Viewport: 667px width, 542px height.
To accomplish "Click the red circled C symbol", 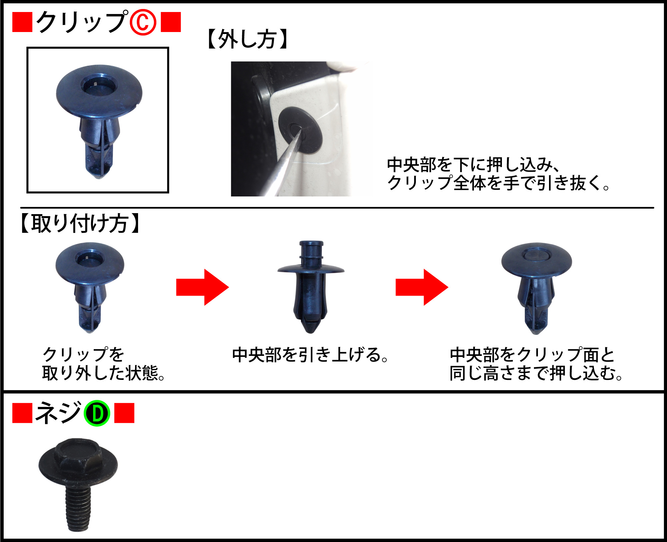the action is coord(143,22).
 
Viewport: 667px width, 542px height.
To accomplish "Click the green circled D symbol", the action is coord(97,413).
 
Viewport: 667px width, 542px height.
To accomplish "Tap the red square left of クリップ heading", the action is coord(22,22).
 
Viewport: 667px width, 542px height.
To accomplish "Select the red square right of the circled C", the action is coord(171,22).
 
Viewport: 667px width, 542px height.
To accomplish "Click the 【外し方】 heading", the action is coord(247,39).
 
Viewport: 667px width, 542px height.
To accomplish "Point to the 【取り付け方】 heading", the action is coord(80,223).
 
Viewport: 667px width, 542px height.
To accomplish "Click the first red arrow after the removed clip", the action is coord(202,287).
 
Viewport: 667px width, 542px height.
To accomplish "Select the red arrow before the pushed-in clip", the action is coord(422,287).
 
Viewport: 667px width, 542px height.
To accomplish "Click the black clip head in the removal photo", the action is coord(300,130).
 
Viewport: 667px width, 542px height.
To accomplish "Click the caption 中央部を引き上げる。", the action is coord(310,355).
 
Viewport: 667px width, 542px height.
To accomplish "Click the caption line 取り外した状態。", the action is coord(103,373).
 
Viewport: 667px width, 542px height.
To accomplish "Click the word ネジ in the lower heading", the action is coord(58,413).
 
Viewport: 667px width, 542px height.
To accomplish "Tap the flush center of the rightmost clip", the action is coord(536,255).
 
